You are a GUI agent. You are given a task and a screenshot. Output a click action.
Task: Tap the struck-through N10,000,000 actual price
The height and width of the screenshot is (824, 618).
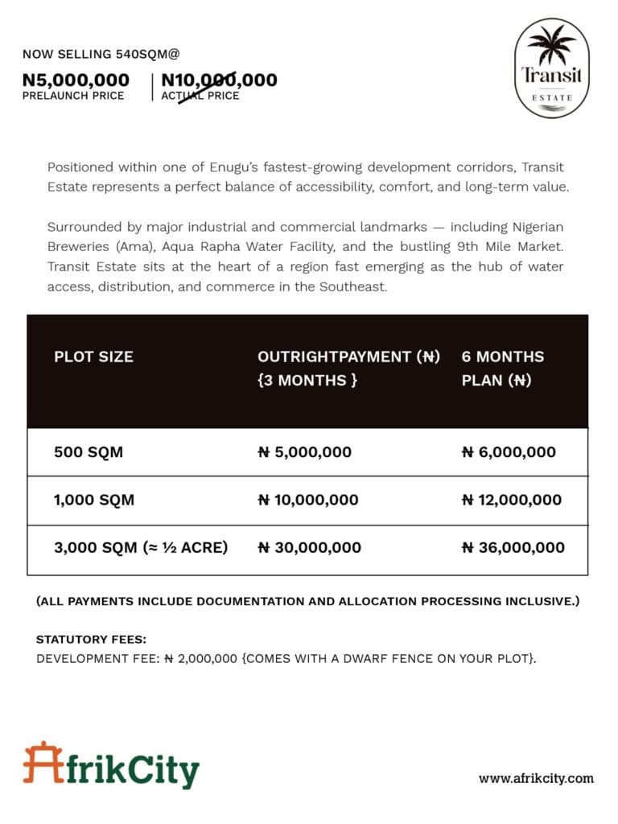click(x=219, y=80)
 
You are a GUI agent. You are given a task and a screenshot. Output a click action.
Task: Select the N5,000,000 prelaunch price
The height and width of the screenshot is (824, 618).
click(x=76, y=80)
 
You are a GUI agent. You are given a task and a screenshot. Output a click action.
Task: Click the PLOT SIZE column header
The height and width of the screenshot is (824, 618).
click(x=93, y=356)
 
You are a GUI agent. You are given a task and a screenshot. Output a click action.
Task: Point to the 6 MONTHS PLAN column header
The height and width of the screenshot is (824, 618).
click(x=502, y=368)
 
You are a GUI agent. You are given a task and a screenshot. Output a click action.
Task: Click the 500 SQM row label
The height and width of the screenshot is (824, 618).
click(x=89, y=452)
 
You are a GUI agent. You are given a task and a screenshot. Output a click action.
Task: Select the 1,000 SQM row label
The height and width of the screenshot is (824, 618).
click(x=94, y=500)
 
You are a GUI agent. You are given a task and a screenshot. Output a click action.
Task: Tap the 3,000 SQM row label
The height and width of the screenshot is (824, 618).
click(x=141, y=548)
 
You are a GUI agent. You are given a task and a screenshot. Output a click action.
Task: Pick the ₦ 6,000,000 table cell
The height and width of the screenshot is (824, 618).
click(x=509, y=452)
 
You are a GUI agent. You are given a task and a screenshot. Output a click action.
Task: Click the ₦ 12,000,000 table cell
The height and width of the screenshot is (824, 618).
click(x=512, y=500)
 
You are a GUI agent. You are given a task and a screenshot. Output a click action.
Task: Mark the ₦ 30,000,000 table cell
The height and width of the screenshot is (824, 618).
click(x=309, y=548)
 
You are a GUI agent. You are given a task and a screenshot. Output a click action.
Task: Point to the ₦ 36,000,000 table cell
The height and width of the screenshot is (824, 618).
click(x=513, y=548)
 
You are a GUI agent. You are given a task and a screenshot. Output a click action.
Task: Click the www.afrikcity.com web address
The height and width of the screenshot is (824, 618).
click(x=536, y=778)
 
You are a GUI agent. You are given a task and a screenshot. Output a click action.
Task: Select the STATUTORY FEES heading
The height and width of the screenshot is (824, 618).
click(x=91, y=640)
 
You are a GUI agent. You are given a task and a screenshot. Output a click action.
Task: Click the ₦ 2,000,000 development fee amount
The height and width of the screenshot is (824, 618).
click(x=201, y=658)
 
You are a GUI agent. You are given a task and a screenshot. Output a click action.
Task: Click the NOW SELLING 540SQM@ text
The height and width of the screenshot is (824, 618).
click(x=101, y=55)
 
